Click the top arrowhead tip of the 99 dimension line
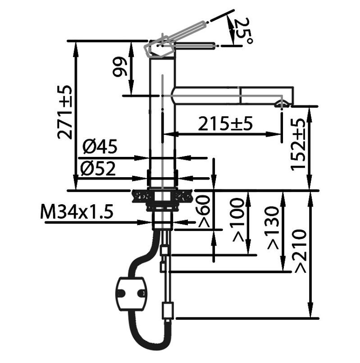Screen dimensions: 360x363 (x=131, y=41)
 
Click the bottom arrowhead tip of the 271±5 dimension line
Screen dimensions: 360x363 (x=75, y=190)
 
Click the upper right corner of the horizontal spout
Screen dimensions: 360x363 (x=293, y=87)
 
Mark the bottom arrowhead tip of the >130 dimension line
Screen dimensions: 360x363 (x=283, y=271)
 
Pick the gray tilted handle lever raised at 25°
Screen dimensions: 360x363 (x=175, y=39)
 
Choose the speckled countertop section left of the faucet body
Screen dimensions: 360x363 (x=140, y=197)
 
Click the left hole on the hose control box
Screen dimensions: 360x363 (x=121, y=294)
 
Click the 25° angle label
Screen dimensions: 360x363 (x=243, y=30)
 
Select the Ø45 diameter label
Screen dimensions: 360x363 (x=100, y=147)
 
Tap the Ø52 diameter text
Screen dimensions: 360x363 (x=98, y=168)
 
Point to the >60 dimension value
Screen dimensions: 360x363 (x=204, y=211)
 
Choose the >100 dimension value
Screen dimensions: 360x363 (x=238, y=220)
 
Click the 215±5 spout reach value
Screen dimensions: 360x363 (x=225, y=124)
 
